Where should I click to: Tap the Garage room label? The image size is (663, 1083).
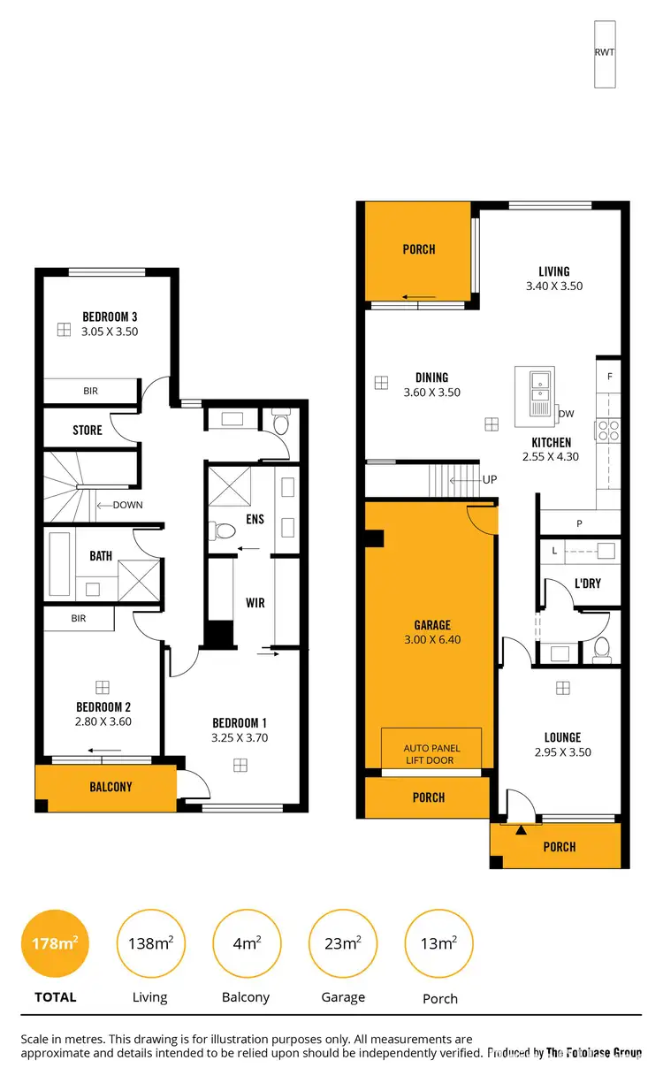pyautogui.click(x=432, y=625)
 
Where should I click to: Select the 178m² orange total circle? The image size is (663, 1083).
pyautogui.click(x=55, y=943)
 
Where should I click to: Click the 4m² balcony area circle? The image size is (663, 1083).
pyautogui.click(x=247, y=943)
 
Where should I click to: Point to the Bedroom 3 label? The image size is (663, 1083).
pyautogui.click(x=110, y=317)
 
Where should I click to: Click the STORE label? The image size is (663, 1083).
pyautogui.click(x=88, y=431)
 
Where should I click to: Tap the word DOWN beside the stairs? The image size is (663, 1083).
pyautogui.click(x=126, y=506)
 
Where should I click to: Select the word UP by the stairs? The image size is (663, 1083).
pyautogui.click(x=489, y=480)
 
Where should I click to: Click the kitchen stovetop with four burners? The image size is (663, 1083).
pyautogui.click(x=608, y=430)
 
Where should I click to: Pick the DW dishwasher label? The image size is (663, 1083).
pyautogui.click(x=566, y=414)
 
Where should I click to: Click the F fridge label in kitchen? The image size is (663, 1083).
pyautogui.click(x=609, y=377)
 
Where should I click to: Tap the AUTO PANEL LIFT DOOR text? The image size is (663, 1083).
pyautogui.click(x=431, y=754)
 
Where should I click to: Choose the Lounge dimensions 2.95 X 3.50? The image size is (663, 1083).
pyautogui.click(x=562, y=752)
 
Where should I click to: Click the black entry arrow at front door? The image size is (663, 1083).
pyautogui.click(x=521, y=830)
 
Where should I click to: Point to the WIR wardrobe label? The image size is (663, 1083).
pyautogui.click(x=255, y=603)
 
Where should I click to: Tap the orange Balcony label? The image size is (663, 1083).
pyautogui.click(x=110, y=787)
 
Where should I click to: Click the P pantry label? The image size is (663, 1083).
pyautogui.click(x=579, y=523)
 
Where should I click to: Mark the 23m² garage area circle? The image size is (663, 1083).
pyautogui.click(x=342, y=943)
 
